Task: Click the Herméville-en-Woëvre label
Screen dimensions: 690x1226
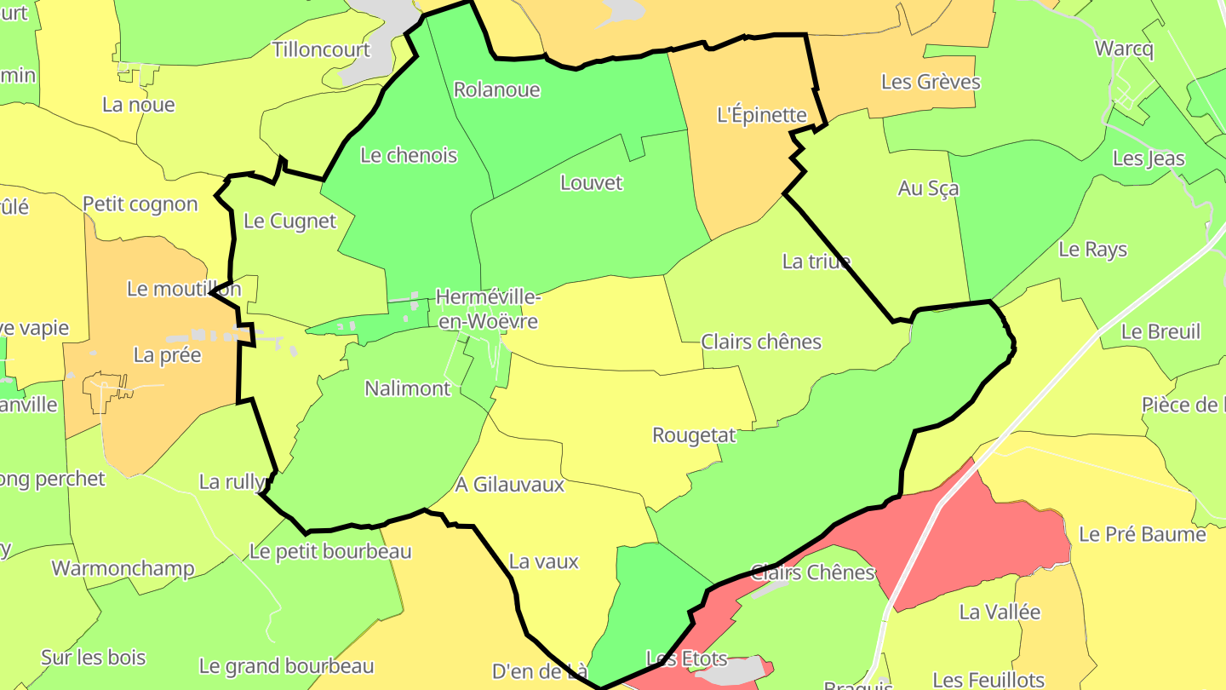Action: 486,309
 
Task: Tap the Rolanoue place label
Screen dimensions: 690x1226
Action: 497,89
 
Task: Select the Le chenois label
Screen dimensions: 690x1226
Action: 409,155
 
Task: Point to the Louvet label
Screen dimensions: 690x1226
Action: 592,182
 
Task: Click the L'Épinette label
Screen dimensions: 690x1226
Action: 761,115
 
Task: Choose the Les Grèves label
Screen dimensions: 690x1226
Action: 931,82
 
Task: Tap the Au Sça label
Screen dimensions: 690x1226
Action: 928,188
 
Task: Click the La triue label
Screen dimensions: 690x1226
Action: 816,261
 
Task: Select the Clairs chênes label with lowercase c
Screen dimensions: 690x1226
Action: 761,342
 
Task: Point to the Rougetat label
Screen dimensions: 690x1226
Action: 694,435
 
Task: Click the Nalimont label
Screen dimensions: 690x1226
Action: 407,388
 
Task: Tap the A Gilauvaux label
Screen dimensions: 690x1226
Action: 510,485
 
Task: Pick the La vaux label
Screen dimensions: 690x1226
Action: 543,561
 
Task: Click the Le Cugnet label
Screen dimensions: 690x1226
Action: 290,221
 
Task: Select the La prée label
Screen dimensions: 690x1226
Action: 168,354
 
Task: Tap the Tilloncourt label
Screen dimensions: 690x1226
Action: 321,49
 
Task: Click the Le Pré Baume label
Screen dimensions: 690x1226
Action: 1142,534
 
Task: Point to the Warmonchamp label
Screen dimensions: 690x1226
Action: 123,568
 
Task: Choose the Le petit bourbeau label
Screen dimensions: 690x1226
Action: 330,551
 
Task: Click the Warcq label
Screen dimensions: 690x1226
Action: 1124,49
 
